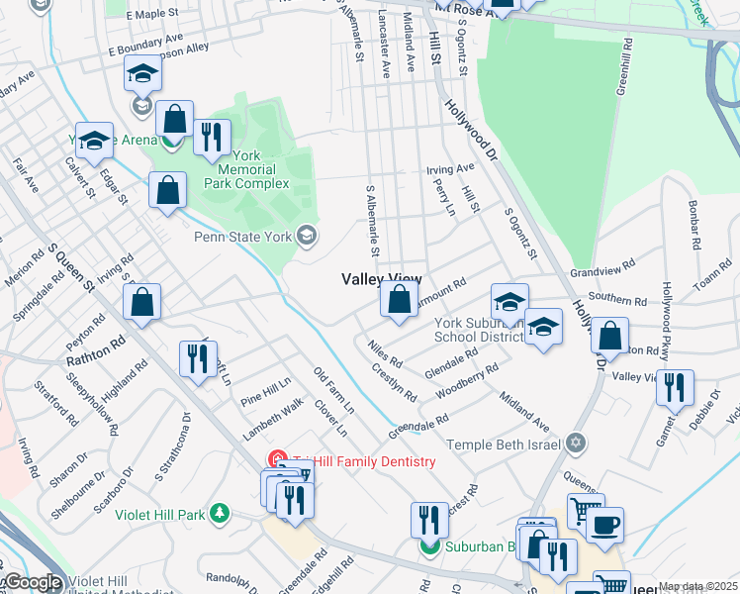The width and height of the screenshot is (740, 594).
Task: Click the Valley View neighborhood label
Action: [x=382, y=280]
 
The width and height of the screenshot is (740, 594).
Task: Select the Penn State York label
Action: [x=243, y=237]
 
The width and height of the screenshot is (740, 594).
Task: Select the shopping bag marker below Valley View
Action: [x=399, y=301]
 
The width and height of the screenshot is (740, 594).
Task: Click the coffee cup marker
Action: [x=604, y=523]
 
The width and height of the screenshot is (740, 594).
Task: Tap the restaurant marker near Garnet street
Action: [x=675, y=387]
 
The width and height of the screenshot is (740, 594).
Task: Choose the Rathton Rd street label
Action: [x=96, y=351]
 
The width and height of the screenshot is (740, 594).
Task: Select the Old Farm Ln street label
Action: [x=333, y=390]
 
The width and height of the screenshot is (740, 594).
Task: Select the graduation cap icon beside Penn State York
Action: [x=308, y=236]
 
